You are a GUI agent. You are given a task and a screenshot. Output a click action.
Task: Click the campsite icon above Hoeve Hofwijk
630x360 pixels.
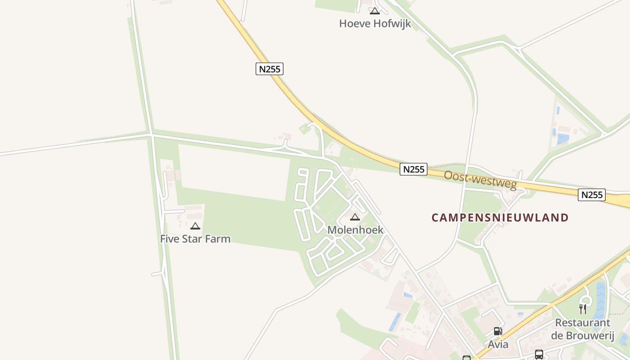tap(375, 11)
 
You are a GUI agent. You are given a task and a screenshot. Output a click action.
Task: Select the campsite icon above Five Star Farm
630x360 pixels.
tap(195, 226)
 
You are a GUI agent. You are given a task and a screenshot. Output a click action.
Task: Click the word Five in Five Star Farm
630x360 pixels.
tap(169, 239)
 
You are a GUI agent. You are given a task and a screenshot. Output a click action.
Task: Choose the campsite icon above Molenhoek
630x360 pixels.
tap(355, 217)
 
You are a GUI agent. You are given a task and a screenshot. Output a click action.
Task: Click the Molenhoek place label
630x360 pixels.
tap(355, 230)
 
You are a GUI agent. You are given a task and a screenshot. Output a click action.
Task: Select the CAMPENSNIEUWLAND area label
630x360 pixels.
tap(500, 218)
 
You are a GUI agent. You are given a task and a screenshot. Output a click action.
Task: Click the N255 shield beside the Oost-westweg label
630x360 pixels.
tap(414, 169)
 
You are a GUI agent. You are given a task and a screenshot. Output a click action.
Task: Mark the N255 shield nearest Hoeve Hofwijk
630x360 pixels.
tap(270, 69)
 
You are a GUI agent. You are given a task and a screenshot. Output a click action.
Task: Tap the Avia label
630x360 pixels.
tap(498, 345)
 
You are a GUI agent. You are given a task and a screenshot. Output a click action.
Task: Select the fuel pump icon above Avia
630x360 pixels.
tap(498, 331)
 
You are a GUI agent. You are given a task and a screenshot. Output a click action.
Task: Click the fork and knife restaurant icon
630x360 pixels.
tap(583, 309)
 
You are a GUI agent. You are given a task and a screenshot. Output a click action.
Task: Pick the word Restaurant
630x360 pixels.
tap(583, 323)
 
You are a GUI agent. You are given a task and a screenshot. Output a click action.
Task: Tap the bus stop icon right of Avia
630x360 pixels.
tap(539, 354)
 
